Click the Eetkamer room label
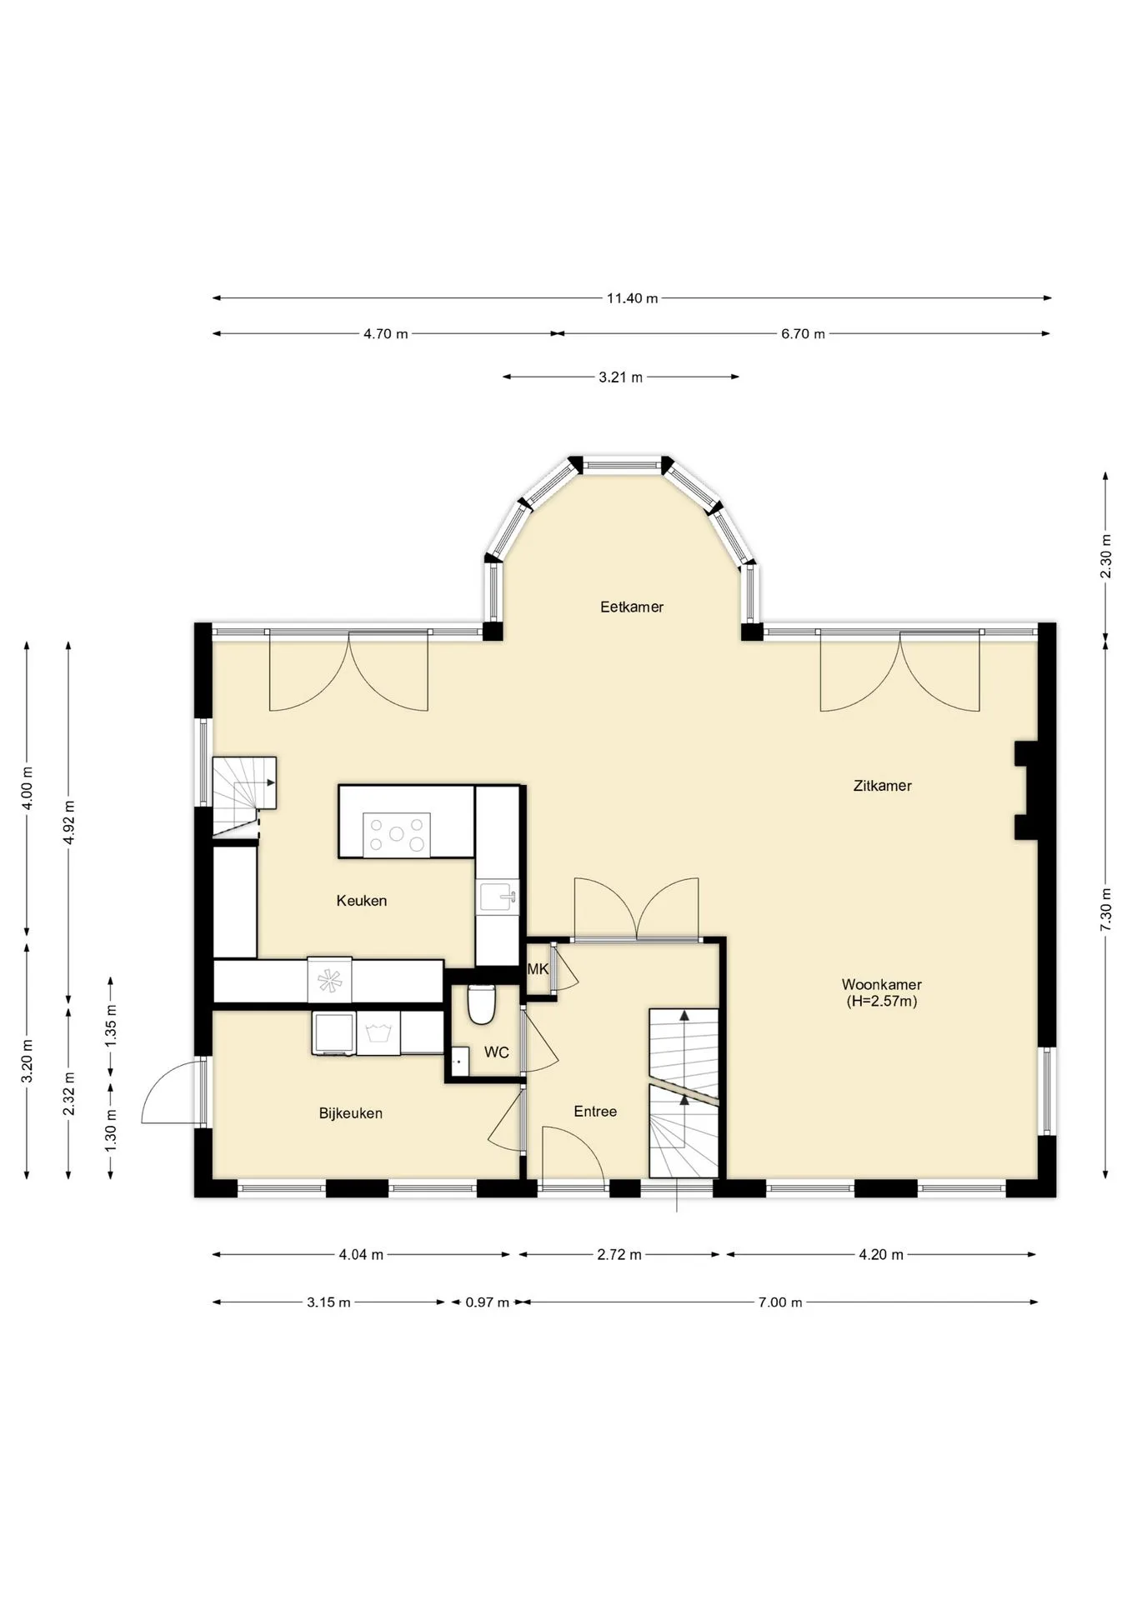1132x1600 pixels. pyautogui.click(x=632, y=607)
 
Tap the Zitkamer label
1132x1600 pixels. pyautogui.click(x=882, y=785)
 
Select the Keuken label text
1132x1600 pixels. pyautogui.click(x=362, y=900)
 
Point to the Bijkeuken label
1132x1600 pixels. pyautogui.click(x=351, y=1113)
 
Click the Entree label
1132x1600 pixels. pyautogui.click(x=595, y=1112)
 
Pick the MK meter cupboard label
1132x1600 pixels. pyautogui.click(x=538, y=969)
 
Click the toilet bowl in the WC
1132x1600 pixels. pyautogui.click(x=481, y=1003)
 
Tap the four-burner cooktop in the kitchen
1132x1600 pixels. pyautogui.click(x=397, y=834)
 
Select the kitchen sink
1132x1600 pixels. pyautogui.click(x=498, y=898)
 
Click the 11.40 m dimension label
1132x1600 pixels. pyautogui.click(x=632, y=298)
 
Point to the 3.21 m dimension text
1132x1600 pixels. pyautogui.click(x=620, y=377)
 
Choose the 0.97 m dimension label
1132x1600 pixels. pyautogui.click(x=487, y=1302)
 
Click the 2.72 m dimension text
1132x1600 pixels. pyautogui.click(x=619, y=1255)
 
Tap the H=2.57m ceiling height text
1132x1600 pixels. pyautogui.click(x=882, y=1002)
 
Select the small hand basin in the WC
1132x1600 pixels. pyautogui.click(x=458, y=1062)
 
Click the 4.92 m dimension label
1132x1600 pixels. pyautogui.click(x=69, y=822)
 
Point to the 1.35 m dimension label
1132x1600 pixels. pyautogui.click(x=111, y=1025)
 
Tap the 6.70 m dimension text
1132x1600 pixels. pyautogui.click(x=803, y=334)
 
